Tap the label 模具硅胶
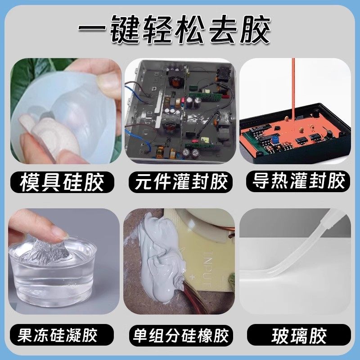tap(62, 182)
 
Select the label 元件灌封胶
tap(180, 182)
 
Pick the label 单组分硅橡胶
tap(180, 335)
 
